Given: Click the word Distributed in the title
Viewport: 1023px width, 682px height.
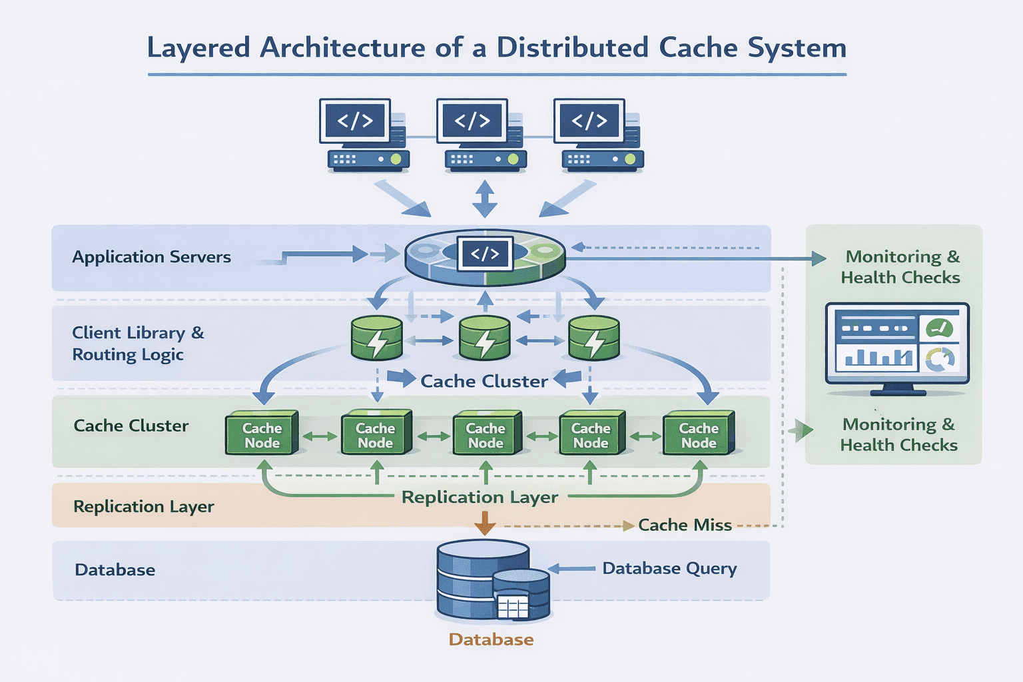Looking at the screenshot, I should point(572,48).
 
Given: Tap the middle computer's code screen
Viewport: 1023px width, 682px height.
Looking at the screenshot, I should point(472,121).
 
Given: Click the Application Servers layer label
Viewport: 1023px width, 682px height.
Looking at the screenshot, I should point(151,257).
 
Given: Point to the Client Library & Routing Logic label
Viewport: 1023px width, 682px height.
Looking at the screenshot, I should point(137,344).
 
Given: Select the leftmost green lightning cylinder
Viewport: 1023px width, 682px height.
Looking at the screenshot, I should point(376,338).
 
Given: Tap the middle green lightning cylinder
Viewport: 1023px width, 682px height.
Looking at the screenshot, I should point(485,338).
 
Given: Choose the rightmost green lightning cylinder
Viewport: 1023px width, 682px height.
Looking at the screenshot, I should point(593,338).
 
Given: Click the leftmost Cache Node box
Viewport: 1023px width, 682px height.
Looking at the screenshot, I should point(262,434).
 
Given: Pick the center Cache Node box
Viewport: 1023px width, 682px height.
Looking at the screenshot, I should point(486,434).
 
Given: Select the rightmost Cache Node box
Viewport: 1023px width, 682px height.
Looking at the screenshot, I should point(699,434).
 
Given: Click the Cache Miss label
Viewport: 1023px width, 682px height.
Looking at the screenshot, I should point(685,525).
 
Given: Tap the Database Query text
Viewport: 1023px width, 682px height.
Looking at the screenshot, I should point(669,569).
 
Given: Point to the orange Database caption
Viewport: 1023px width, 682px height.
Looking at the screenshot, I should point(491,639).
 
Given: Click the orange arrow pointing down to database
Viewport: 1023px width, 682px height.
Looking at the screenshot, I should point(484,523).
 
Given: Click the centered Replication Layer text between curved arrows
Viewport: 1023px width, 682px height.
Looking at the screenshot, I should point(480,498).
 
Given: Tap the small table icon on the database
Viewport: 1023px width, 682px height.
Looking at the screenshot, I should point(513,607).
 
